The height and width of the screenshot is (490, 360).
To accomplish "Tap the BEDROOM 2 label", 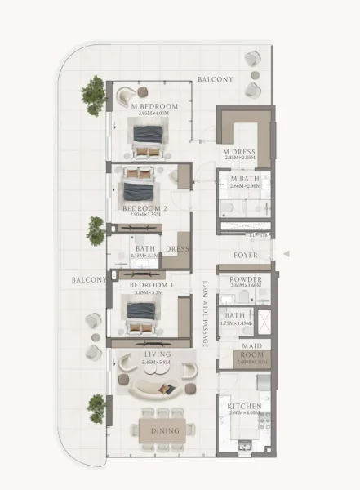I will click(x=145, y=208).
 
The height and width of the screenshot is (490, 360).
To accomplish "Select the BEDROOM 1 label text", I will click(x=145, y=284).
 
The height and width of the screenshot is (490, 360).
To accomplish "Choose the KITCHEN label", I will click(x=244, y=406).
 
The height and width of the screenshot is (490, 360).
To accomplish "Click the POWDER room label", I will click(x=245, y=279).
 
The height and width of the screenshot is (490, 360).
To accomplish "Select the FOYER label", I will click(x=245, y=256).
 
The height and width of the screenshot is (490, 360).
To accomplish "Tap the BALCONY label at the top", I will click(x=216, y=79).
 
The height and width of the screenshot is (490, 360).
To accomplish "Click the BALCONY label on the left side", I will click(x=89, y=279).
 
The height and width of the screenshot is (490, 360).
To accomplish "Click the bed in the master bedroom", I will click(x=149, y=137).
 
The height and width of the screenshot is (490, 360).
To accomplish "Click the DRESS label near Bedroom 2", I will click(x=178, y=248).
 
